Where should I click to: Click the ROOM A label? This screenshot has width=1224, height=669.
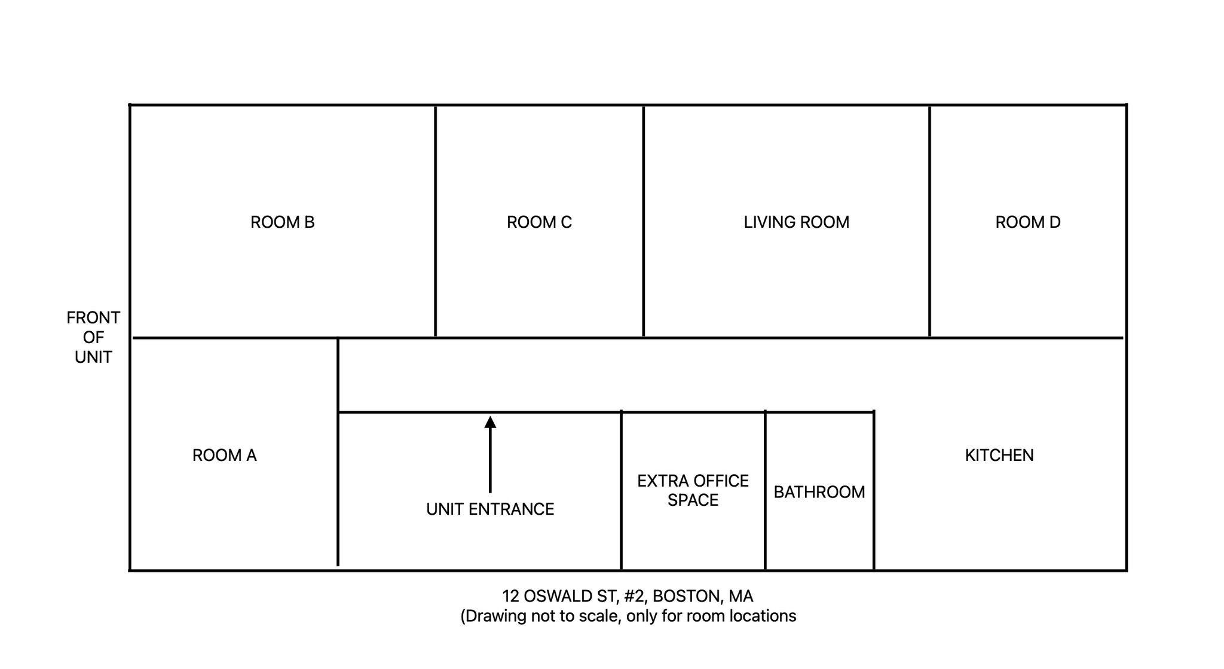pos(224,456)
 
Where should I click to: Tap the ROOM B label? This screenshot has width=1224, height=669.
pos(282,222)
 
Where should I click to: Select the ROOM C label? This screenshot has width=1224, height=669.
pos(539,222)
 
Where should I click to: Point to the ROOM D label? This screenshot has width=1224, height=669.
pos(1028,222)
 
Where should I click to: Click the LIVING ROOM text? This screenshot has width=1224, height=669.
pos(796,222)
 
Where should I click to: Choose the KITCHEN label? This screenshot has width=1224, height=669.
pos(999,456)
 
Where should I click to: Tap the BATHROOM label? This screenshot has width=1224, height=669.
pos(819,492)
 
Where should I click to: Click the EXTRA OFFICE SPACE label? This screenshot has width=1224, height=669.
pos(693,490)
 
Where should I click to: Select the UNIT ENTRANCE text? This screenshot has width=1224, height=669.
pos(490,509)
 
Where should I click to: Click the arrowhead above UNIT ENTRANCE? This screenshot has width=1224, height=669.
pos(490,422)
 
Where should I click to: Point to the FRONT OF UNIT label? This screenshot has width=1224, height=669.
pos(93,337)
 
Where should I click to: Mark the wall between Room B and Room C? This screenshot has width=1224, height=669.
pos(435,221)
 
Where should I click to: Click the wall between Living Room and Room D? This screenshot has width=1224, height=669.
pos(929,221)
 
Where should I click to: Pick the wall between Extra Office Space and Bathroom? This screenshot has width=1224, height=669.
pos(765,490)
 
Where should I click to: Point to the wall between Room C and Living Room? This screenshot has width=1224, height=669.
pos(643,221)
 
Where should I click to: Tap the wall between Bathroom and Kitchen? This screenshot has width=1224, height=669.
pos(874,490)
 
